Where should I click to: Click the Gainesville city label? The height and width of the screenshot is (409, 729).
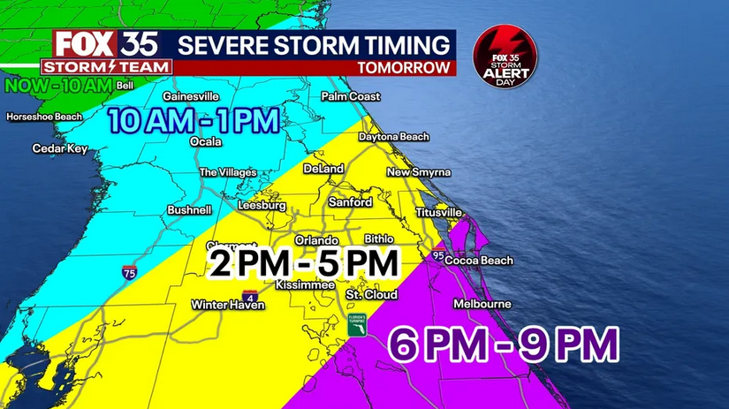point(190,96)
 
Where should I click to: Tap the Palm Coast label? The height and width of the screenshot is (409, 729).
point(351,96)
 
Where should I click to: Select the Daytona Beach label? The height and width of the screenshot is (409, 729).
point(394,137)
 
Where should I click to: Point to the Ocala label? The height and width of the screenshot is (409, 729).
point(206,141)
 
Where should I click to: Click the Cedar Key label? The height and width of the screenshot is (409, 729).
point(60,148)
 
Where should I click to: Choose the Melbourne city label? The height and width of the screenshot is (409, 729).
point(482,304)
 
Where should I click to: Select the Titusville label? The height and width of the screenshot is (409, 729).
point(439,213)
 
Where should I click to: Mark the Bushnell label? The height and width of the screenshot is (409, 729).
point(189,210)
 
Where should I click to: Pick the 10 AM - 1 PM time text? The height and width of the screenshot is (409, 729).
point(194,119)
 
